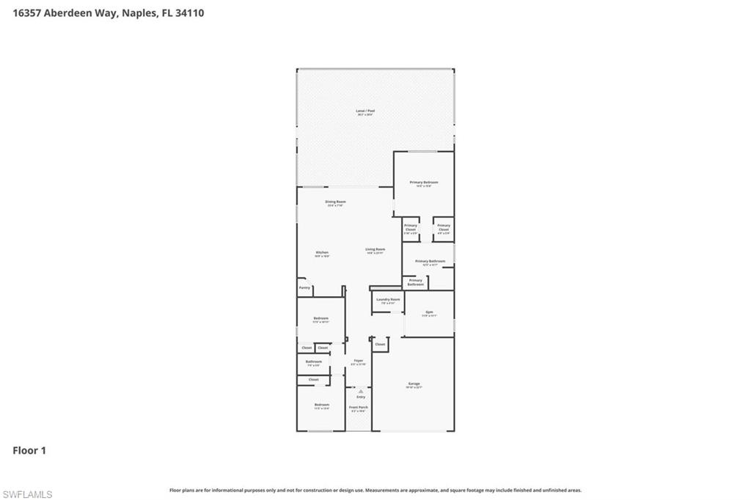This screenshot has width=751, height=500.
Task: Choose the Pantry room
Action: click(x=304, y=288)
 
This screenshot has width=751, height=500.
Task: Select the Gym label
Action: click(x=429, y=313)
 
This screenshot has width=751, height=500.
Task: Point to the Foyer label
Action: click(x=359, y=361)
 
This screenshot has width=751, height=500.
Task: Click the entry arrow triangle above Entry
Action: click(x=361, y=391)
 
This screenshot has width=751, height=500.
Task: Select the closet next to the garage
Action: click(x=380, y=344)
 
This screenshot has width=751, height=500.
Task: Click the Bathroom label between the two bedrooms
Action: click(x=313, y=362)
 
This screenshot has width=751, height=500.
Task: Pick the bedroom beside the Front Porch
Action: click(x=321, y=405)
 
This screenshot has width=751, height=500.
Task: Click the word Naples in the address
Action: click(x=138, y=12)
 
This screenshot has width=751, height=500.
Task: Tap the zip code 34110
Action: click(x=188, y=12)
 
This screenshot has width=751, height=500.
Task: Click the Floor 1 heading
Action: click(x=29, y=450)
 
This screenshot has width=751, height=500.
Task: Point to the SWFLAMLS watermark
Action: click(x=27, y=494)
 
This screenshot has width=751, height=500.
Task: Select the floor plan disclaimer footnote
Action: click(x=375, y=490)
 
